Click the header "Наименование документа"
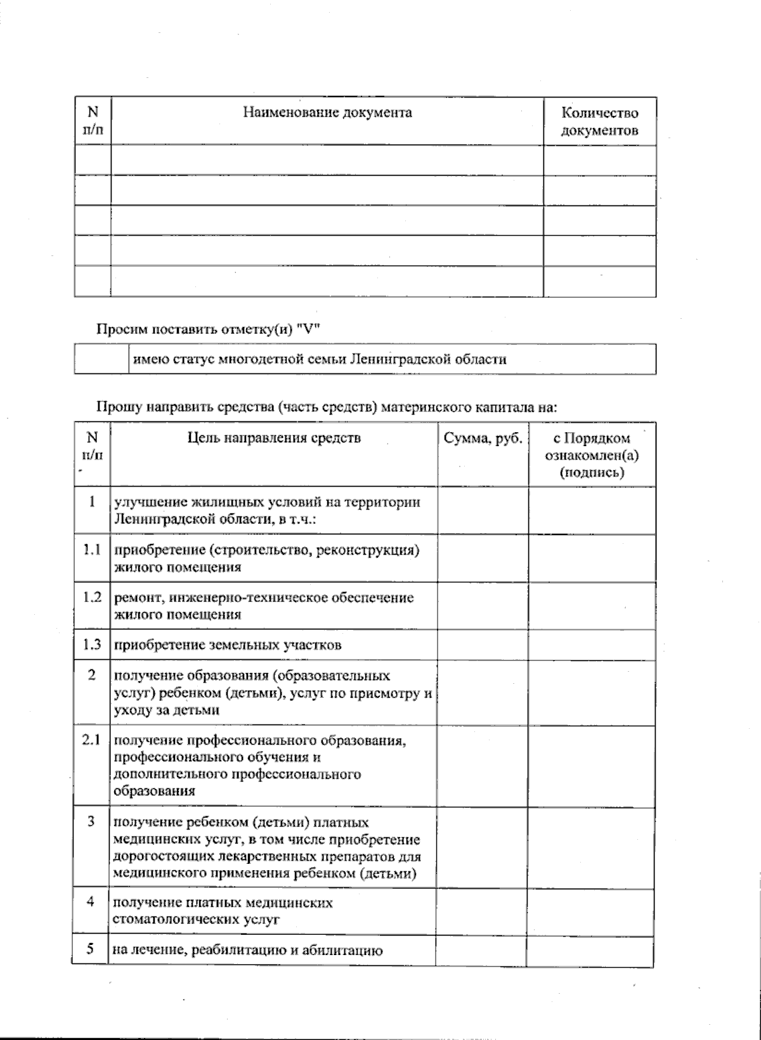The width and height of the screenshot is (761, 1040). (x=327, y=113)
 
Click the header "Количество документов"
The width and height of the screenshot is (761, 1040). (x=599, y=122)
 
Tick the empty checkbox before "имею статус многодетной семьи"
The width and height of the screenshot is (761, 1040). (x=101, y=359)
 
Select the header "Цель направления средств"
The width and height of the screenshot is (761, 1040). (x=275, y=437)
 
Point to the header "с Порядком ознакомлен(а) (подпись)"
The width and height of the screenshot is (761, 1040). (x=592, y=455)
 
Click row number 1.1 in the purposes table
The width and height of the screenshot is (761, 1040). (x=92, y=549)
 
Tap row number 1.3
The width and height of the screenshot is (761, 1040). (x=92, y=645)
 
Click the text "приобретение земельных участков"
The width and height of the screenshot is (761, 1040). (x=228, y=645)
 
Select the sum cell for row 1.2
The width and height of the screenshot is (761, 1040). (x=483, y=606)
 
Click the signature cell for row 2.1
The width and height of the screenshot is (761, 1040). (x=592, y=766)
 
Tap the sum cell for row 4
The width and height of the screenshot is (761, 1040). (x=482, y=911)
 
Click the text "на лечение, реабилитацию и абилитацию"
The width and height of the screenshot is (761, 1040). (x=247, y=951)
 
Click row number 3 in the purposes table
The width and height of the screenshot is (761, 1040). (x=91, y=821)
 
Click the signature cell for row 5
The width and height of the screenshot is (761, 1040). (x=590, y=950)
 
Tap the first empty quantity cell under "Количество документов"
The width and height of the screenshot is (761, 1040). (x=599, y=160)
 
